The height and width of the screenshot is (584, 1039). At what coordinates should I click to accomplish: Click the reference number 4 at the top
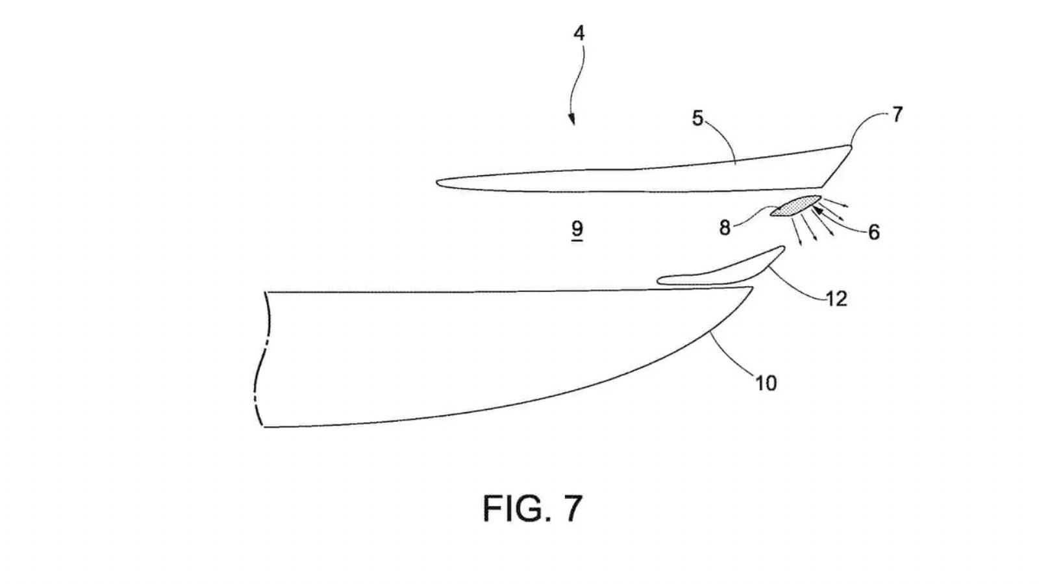click(579, 33)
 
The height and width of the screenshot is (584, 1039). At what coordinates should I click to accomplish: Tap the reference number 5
click(697, 119)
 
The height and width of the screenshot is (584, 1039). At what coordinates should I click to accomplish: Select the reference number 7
click(897, 114)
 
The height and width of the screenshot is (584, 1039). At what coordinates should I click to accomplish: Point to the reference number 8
click(725, 228)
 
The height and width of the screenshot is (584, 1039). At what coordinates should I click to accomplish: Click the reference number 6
click(874, 232)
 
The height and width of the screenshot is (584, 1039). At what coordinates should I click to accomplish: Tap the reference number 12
click(837, 299)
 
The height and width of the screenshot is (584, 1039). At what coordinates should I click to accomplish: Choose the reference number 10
click(766, 383)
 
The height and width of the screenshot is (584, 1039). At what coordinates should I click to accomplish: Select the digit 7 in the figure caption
click(572, 509)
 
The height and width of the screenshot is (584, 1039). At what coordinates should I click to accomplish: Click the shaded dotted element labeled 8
click(796, 206)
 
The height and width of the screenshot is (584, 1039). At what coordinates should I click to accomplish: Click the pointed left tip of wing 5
click(437, 182)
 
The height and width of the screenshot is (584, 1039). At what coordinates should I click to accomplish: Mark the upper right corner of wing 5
click(851, 147)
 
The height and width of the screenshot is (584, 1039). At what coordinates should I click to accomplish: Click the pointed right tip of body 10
click(752, 288)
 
